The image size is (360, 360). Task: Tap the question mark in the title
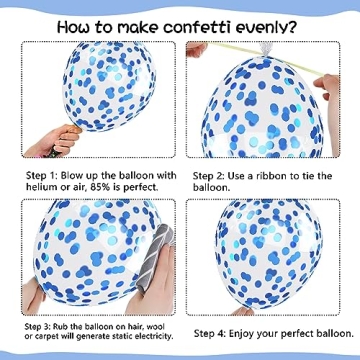[x=291, y=27]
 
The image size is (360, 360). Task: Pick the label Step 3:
[x=37, y=327]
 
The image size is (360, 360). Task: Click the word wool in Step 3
[x=156, y=326]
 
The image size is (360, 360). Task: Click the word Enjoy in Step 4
[x=243, y=334]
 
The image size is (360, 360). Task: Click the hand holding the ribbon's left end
[x=197, y=50]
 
